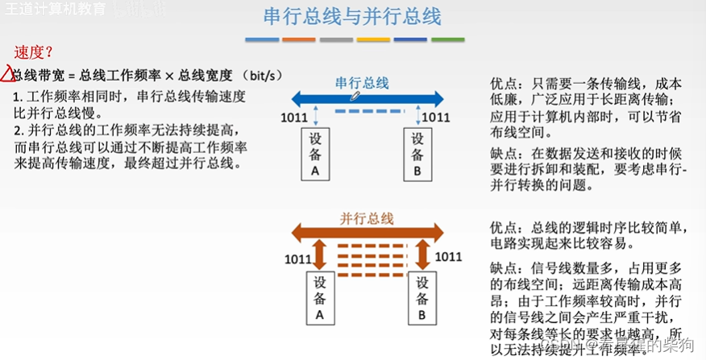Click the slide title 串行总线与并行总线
point(353,17)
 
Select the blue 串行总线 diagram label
point(362,82)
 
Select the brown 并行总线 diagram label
point(366,218)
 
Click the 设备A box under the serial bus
point(314,153)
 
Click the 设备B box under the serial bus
point(417,153)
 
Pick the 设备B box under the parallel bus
point(422,296)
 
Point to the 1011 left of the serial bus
point(293,118)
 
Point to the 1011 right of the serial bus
point(436,118)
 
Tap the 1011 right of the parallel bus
point(449,258)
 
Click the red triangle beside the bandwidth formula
point(7,76)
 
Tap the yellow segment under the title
point(373,39)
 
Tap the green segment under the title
point(447,39)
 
